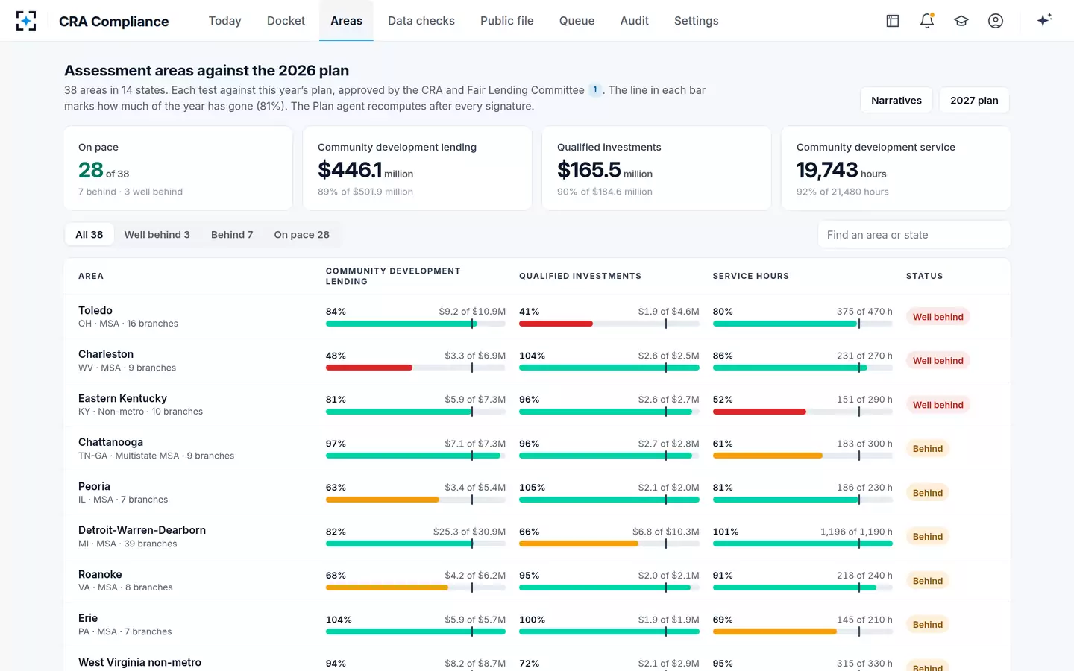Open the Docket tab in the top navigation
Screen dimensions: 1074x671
click(x=286, y=21)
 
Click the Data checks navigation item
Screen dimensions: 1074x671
click(x=421, y=21)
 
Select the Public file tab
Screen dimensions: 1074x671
click(x=507, y=21)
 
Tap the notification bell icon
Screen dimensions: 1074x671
click(x=927, y=21)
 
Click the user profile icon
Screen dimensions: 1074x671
click(x=996, y=21)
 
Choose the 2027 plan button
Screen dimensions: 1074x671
click(x=974, y=100)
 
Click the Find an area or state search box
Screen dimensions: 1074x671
click(x=914, y=234)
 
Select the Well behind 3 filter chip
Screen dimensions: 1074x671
click(x=157, y=234)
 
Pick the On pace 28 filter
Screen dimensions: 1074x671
click(x=301, y=234)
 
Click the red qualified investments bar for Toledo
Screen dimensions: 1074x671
click(x=556, y=324)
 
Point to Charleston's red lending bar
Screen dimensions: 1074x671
click(x=368, y=368)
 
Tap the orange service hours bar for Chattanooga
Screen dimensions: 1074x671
click(x=767, y=456)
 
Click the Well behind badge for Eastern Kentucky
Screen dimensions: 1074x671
click(x=938, y=405)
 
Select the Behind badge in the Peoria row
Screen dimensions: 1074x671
click(x=927, y=493)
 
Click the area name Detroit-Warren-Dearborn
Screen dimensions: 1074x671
click(x=142, y=530)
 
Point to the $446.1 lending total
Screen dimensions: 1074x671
click(x=350, y=170)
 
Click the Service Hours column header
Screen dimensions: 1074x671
click(x=750, y=276)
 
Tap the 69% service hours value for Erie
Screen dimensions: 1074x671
click(x=723, y=620)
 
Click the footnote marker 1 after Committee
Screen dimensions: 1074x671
click(x=595, y=90)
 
